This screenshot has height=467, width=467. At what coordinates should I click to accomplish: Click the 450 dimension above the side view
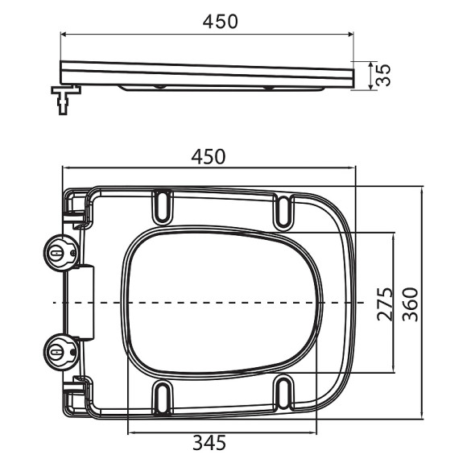tap(220, 21)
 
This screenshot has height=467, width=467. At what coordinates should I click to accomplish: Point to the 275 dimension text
tap(384, 304)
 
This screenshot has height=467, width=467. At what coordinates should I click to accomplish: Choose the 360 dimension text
tap(411, 304)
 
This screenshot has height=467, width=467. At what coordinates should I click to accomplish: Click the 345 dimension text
tap(208, 441)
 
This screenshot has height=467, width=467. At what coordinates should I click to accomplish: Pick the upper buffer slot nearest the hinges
tap(162, 205)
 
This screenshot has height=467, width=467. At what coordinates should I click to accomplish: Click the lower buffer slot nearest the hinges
tap(162, 399)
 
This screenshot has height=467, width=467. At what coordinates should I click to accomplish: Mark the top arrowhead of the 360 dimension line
tap(424, 190)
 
